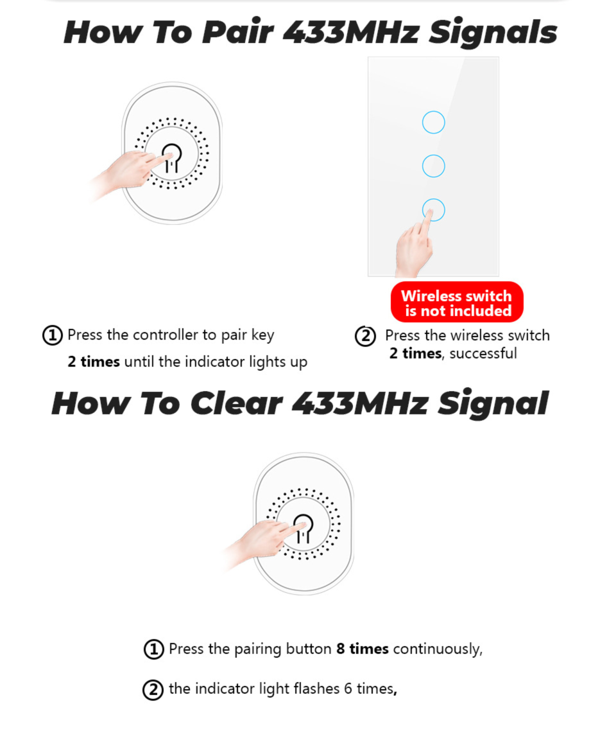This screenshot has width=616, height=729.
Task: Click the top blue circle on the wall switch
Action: (x=434, y=122)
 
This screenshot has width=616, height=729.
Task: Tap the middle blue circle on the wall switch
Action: (x=434, y=166)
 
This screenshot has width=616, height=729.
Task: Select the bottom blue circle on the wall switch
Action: (x=434, y=209)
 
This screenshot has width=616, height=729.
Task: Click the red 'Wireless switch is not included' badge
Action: (x=457, y=303)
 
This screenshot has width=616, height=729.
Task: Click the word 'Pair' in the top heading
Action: (x=236, y=32)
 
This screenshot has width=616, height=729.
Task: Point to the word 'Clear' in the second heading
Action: (x=235, y=403)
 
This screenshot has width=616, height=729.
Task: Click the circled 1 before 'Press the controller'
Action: (x=53, y=335)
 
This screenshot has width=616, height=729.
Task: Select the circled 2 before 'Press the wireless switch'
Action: (x=365, y=336)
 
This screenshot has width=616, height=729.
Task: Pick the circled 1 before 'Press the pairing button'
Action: (x=153, y=649)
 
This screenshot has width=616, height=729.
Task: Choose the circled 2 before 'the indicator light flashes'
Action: (x=153, y=690)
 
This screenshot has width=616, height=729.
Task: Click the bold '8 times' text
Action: (x=363, y=649)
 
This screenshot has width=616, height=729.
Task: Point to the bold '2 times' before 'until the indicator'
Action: (x=94, y=362)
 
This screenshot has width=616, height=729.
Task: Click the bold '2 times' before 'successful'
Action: (x=415, y=353)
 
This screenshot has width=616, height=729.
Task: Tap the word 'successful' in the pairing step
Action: (x=483, y=353)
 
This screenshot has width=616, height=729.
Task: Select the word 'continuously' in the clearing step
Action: (x=436, y=649)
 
